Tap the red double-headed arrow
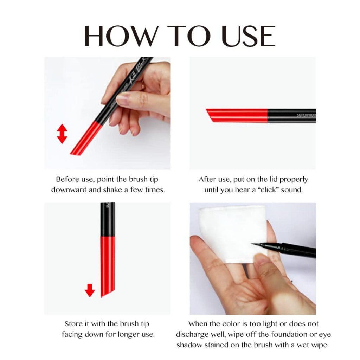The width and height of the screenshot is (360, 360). [x=62, y=133]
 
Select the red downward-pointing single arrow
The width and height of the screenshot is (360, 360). [x=90, y=290]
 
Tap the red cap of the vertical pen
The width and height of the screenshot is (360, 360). [x=108, y=265]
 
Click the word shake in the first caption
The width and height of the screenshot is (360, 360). [x=112, y=190]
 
